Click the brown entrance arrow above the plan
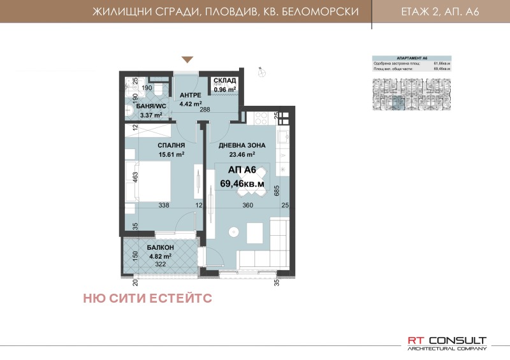pyautogui.click(x=187, y=60)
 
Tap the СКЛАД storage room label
pyautogui.click(x=225, y=81)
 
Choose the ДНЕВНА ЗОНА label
pyautogui.click(x=237, y=145)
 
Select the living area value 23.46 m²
pyautogui.click(x=237, y=154)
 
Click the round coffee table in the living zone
pyautogui.click(x=235, y=231)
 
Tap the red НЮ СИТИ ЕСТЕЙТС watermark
pyautogui.click(x=147, y=298)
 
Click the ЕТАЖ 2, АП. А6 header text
pyautogui.click(x=441, y=11)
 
